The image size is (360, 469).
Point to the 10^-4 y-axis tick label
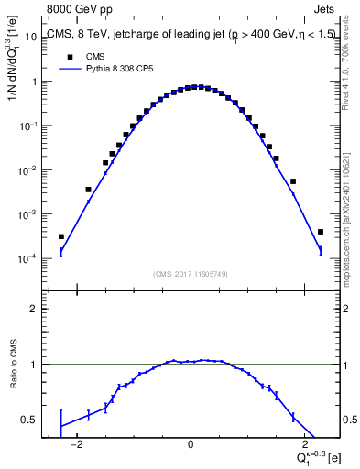tap(27, 259)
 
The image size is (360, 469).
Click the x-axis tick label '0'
tap(190, 446)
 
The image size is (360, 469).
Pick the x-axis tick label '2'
tap(300, 446)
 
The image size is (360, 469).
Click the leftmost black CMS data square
tap(61, 236)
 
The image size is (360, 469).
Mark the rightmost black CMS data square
tap(320, 232)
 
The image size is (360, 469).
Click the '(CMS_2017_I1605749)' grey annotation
tap(190, 274)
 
